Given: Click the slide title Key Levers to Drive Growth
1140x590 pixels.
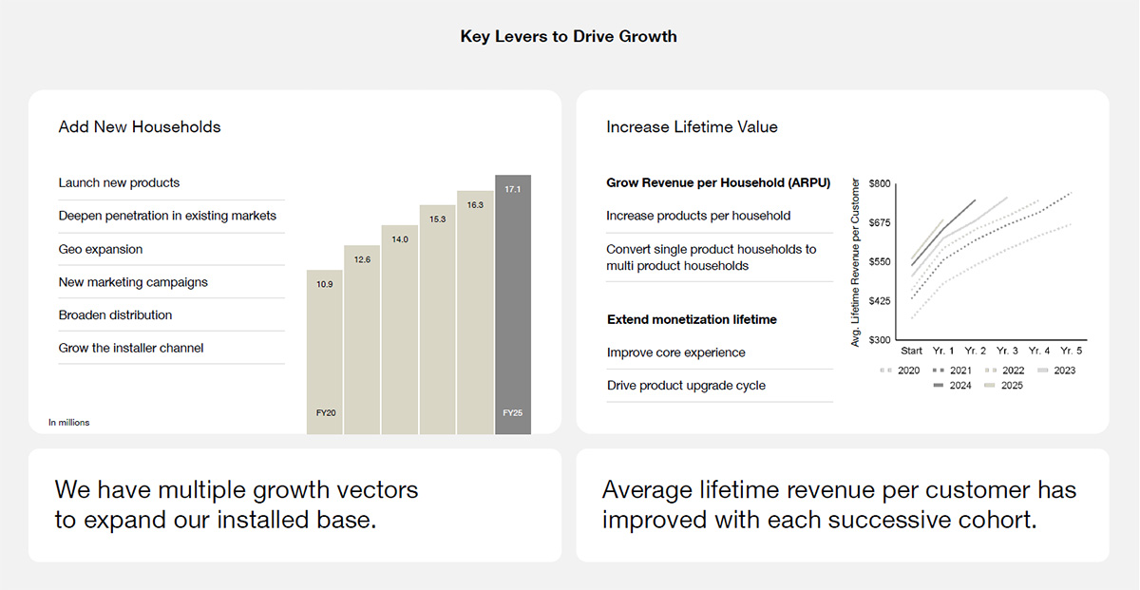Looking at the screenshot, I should click(568, 37).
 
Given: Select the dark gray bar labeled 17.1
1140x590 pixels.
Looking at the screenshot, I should click(513, 304).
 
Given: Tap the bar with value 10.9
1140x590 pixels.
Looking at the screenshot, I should click(325, 352).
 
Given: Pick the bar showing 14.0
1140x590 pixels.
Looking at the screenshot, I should click(400, 329).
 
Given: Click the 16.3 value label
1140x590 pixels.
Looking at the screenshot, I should click(475, 204).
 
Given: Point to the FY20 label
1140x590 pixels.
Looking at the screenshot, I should click(325, 413).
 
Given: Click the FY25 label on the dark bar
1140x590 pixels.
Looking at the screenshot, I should click(513, 413).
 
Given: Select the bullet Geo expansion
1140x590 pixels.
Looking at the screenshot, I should click(101, 249).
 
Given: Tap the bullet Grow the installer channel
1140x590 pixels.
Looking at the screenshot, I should click(131, 348).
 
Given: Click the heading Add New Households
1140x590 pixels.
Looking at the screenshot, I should click(140, 127).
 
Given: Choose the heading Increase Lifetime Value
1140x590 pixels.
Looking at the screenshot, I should click(692, 127).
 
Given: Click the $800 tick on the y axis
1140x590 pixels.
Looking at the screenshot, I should click(880, 183).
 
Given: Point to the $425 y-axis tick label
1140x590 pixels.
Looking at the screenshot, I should click(880, 301).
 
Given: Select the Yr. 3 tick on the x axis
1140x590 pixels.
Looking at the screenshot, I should click(1007, 351).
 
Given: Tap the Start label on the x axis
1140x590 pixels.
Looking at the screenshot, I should click(911, 351).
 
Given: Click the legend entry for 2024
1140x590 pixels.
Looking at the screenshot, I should click(952, 386).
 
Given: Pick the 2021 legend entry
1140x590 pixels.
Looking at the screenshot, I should click(952, 371).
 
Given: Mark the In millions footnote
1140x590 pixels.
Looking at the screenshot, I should click(68, 422).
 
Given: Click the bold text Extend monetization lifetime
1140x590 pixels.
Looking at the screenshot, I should click(692, 320).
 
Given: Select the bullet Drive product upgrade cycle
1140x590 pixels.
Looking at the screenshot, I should click(686, 386).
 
